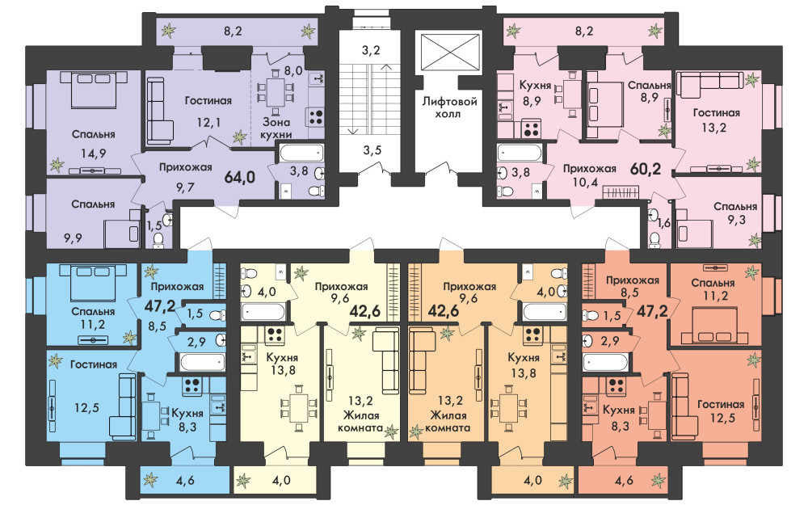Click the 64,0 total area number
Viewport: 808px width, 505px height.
[240, 177]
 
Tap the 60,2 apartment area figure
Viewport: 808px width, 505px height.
[645, 169]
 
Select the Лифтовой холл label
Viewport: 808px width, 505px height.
[449, 107]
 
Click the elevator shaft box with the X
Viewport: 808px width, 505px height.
[450, 52]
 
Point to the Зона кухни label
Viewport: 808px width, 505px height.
[276, 128]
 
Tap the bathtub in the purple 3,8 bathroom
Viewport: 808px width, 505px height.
[301, 154]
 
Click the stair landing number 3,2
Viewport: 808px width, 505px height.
[371, 50]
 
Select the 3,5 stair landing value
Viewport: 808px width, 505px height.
[372, 150]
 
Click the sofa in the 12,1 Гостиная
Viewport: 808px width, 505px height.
[160, 111]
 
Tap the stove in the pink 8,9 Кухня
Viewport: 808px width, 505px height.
[531, 128]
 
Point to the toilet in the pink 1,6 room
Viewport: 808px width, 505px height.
[654, 240]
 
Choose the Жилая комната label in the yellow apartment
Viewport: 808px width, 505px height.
[360, 422]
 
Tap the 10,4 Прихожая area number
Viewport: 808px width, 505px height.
[585, 181]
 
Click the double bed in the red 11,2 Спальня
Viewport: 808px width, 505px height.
[715, 325]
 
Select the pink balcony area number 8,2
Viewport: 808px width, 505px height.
[584, 32]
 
